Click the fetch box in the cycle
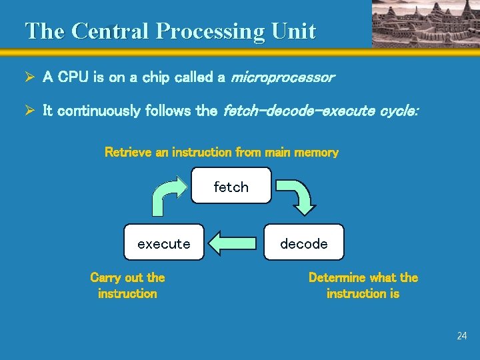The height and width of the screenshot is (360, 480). [231, 185]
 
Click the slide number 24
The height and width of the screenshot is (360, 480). [462, 336]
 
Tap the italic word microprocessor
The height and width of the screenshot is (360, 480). [281, 77]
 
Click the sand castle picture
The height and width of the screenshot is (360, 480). [424, 23]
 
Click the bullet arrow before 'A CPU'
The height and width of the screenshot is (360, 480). [29, 77]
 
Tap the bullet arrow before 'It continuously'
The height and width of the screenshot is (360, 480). [29, 111]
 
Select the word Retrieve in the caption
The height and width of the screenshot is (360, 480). [128, 152]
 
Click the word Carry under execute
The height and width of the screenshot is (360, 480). [107, 277]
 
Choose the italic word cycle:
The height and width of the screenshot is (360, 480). [399, 111]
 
